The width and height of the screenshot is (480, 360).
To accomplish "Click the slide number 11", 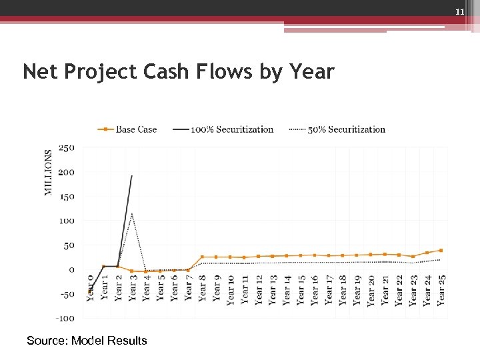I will (459, 13).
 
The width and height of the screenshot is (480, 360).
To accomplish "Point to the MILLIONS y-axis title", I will (49, 172).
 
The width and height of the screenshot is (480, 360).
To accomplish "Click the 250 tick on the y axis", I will (66, 148).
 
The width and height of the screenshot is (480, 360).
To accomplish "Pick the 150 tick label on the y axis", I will (66, 197).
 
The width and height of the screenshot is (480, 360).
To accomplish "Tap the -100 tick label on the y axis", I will (65, 318).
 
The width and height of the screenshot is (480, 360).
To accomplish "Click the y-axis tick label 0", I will (71, 269).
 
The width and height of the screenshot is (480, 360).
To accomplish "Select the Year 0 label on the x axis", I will (91, 288).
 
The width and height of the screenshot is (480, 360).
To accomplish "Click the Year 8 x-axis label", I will (203, 288).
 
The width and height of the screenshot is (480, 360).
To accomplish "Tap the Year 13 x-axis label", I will (273, 290).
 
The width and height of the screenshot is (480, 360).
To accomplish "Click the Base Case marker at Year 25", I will (441, 251).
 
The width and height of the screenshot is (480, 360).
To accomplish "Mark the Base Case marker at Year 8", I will (202, 257).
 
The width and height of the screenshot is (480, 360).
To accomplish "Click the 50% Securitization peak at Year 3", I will (132, 214).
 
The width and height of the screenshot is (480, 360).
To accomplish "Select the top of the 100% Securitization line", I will (132, 176).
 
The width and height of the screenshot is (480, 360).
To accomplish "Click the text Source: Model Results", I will (87, 341).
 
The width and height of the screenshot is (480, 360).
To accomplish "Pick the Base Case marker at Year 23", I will (413, 257).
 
